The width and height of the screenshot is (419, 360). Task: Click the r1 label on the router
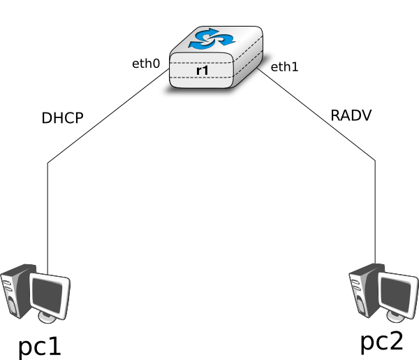203,71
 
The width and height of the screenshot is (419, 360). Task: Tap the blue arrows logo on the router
212,39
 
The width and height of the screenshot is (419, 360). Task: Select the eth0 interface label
146,64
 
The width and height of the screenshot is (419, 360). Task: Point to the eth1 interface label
284,67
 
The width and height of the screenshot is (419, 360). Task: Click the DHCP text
63,118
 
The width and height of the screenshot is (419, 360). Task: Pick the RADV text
351,115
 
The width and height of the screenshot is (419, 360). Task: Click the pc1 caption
40,347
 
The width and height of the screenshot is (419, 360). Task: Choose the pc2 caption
382,342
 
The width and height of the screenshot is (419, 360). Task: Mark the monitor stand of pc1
47,317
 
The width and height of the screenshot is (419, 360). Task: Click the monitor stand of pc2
396,317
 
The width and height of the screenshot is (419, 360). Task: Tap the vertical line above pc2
375,212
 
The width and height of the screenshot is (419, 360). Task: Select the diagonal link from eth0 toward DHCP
108,116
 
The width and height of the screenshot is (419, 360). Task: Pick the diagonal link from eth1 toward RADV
316,114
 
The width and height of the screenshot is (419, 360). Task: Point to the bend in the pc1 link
47,163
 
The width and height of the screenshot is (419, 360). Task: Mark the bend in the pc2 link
375,161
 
